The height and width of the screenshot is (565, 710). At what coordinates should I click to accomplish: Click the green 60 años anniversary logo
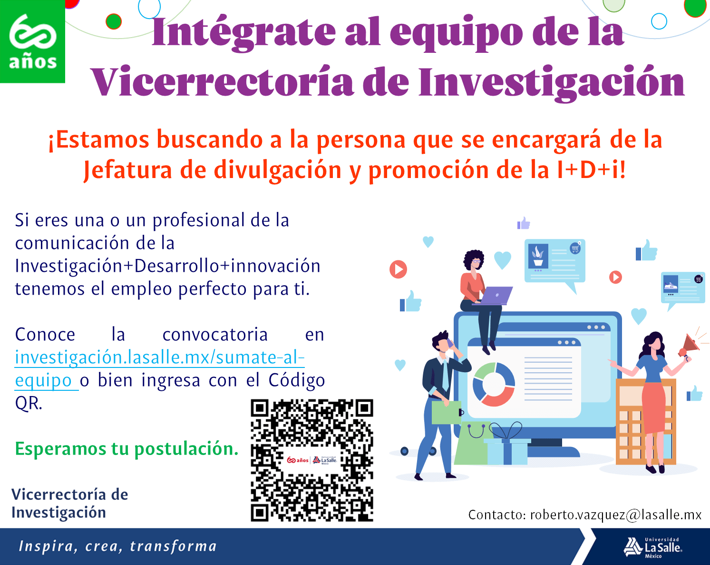coord(32,41)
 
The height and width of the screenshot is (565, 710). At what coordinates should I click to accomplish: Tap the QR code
coord(312,460)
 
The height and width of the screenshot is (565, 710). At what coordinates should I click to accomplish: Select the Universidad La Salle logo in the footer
coord(652,548)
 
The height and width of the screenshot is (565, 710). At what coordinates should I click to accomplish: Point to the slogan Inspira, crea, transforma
coord(117,546)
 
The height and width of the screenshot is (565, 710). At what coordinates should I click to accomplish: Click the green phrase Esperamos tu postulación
coord(126,449)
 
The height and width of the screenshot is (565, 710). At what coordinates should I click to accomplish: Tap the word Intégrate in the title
coord(243,33)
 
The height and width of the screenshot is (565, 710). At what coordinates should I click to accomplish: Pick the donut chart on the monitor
coord(494,385)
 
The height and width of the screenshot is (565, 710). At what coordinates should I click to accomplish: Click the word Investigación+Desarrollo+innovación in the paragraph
coord(167,266)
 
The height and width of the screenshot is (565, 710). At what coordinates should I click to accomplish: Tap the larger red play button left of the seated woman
coord(398,269)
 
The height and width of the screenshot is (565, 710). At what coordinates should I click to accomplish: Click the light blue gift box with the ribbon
coord(507,449)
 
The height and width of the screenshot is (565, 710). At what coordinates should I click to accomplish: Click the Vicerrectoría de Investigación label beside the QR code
coord(69,504)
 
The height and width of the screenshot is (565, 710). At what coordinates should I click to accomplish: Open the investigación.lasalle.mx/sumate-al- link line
coord(160,357)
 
